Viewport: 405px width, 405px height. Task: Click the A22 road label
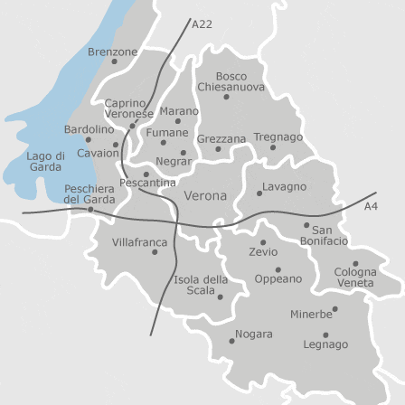click(x=202, y=24)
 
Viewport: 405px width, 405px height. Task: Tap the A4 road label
click(x=371, y=207)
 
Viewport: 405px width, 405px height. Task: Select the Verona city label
click(x=205, y=195)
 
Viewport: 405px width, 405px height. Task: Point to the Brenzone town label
click(x=112, y=52)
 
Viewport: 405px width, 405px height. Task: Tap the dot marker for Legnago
click(x=325, y=334)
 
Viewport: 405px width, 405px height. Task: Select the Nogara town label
click(x=254, y=334)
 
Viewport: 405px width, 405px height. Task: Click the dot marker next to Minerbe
click(x=335, y=309)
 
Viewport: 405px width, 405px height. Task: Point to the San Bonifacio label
click(x=323, y=237)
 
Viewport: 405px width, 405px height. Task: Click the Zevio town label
click(x=263, y=253)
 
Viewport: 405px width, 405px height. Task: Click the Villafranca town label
click(x=139, y=242)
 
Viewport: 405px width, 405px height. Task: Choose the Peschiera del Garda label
click(x=89, y=193)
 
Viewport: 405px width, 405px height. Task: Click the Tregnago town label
click(x=277, y=137)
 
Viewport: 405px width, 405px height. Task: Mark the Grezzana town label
click(x=221, y=139)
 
